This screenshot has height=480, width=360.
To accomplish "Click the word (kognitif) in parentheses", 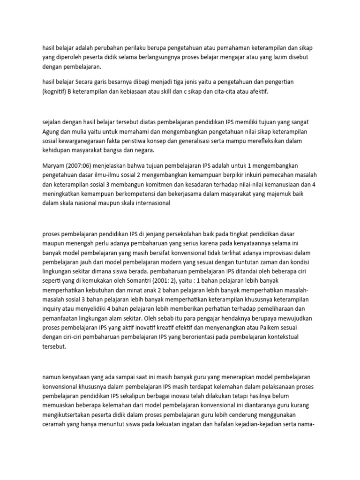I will click(x=56, y=91).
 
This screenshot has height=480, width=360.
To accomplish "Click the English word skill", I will click(x=175, y=91).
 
